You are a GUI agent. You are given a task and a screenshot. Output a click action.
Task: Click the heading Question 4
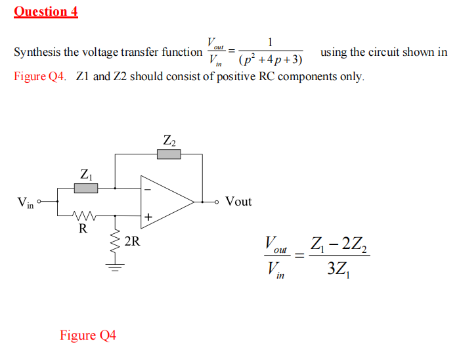(46, 11)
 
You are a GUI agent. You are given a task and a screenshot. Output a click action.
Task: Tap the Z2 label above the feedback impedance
(169, 140)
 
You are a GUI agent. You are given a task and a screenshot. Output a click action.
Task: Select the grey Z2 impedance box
(169, 154)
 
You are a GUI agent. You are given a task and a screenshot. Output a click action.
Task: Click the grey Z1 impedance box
(85, 189)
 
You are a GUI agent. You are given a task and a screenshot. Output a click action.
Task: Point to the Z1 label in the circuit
(85, 175)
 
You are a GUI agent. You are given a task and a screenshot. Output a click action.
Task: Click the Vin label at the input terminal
(25, 202)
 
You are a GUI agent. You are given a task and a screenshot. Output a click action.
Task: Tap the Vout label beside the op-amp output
(238, 201)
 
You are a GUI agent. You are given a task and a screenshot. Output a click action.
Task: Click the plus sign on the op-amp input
(148, 215)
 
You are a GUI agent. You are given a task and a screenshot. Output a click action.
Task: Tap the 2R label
(132, 241)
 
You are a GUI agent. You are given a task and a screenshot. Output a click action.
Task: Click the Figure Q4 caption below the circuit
(88, 335)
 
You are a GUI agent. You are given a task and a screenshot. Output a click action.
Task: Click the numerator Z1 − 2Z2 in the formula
(339, 246)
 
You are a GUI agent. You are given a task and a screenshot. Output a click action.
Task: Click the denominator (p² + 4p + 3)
(271, 60)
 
